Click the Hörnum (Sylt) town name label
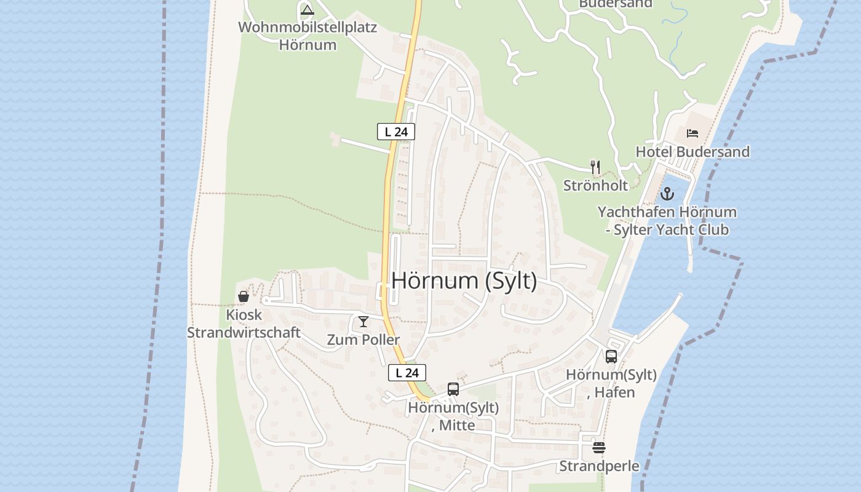[x=464, y=280]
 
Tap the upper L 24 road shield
[x=396, y=132]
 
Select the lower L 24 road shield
[x=407, y=373]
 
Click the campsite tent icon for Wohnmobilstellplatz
[x=307, y=10]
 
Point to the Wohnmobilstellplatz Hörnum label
[x=307, y=36]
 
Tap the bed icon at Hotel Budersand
[x=692, y=133]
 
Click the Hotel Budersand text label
[x=692, y=152]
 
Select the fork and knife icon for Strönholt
[x=595, y=167]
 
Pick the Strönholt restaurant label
[x=595, y=185]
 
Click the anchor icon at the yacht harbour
[x=667, y=194]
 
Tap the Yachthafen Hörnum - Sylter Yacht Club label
[x=667, y=221]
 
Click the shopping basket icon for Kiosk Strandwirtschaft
[x=244, y=296]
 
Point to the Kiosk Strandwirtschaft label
[x=244, y=323]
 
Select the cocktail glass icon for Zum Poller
[x=363, y=321]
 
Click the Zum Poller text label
[x=363, y=339]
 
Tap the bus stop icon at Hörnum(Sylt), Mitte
[x=453, y=389]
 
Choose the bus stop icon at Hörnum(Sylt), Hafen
[x=611, y=356]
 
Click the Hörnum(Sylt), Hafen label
[x=611, y=383]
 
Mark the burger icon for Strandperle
[x=599, y=448]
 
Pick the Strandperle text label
[x=599, y=466]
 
